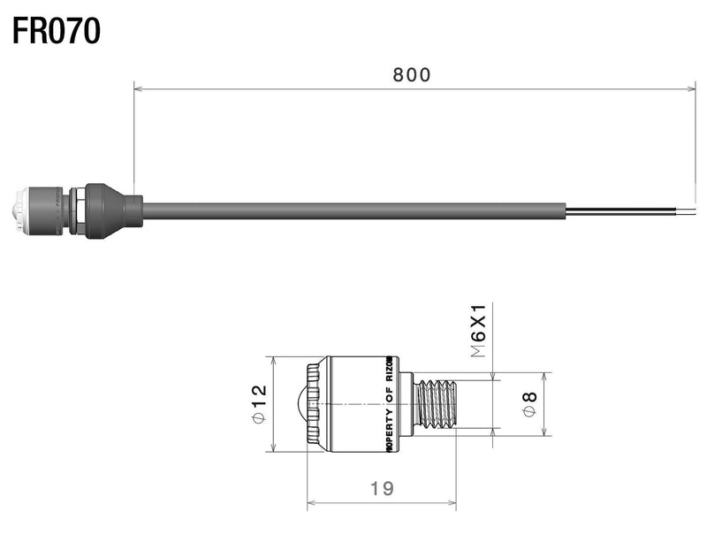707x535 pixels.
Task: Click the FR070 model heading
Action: click(57, 31)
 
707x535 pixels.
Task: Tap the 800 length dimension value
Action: click(412, 75)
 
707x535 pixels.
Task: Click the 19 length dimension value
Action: click(382, 487)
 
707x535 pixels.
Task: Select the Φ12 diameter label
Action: click(258, 404)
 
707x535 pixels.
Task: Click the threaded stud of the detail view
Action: click(439, 404)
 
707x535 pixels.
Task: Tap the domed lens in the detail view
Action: click(298, 404)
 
